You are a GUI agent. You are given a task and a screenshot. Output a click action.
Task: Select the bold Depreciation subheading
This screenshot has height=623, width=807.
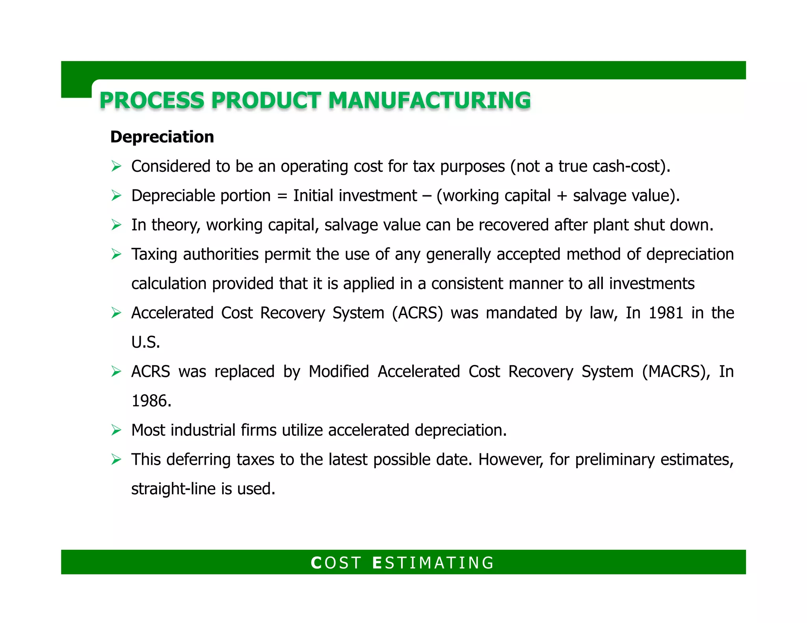pos(162,137)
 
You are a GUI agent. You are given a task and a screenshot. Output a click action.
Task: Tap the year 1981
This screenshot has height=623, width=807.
pos(666,313)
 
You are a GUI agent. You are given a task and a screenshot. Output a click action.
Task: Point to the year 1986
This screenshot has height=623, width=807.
pos(151,401)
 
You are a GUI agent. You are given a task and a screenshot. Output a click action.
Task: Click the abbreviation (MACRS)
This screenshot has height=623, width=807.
pos(673,372)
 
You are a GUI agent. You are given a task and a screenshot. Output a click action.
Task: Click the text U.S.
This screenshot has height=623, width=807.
pos(145,342)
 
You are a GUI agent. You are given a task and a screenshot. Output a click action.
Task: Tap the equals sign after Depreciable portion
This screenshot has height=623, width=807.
pos(282,196)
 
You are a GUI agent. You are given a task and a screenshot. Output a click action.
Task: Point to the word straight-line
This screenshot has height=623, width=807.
pos(173,489)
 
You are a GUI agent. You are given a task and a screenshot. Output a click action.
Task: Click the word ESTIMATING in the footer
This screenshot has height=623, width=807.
pos(433,563)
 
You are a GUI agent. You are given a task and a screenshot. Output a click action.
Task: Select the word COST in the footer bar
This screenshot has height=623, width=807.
pos(336,563)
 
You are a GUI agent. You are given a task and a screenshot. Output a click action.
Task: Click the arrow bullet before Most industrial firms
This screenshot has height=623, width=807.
pos(116,430)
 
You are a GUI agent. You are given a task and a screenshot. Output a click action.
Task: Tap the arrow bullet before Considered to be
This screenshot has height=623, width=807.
pos(116,167)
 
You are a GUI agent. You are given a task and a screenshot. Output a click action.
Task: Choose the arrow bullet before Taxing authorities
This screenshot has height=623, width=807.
pos(116,254)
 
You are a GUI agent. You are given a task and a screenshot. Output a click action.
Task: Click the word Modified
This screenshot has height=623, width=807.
pos(338,372)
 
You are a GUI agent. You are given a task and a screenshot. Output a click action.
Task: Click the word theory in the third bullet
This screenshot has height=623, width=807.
pos(176,225)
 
